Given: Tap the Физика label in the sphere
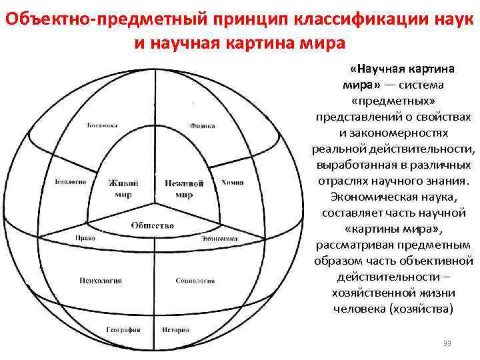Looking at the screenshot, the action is (202, 125).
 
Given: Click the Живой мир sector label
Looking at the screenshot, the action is (124, 189).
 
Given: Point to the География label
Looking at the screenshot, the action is (123, 329).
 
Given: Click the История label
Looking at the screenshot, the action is (175, 329).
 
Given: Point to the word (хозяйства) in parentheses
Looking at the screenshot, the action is (423, 309).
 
